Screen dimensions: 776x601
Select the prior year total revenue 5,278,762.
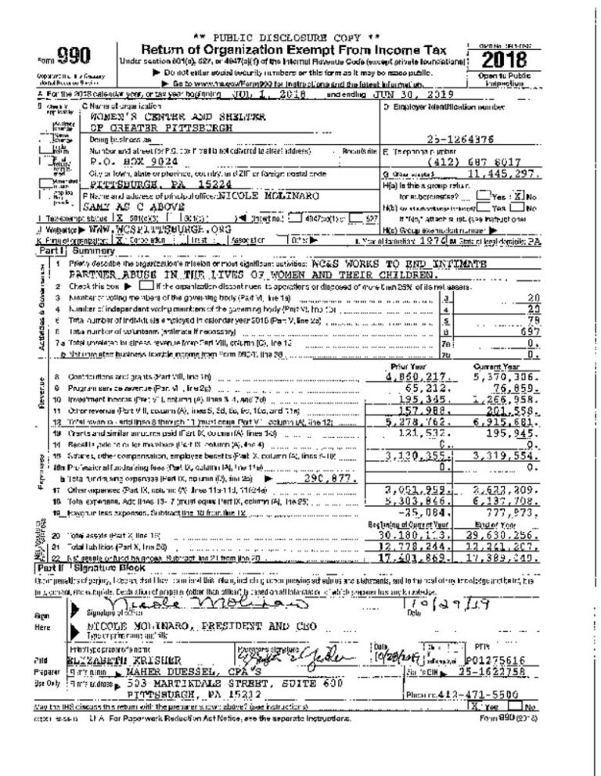point(421,421)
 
